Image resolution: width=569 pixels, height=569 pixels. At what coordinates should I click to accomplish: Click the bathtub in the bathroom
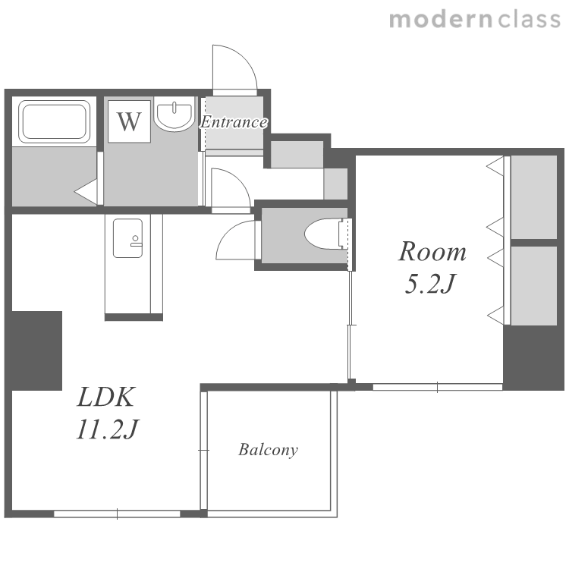click(54, 121)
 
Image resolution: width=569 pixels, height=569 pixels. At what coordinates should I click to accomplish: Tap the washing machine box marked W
click(129, 121)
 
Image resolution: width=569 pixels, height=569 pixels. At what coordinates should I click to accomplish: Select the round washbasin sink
click(174, 113)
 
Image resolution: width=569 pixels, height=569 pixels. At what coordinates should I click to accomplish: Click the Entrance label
click(234, 122)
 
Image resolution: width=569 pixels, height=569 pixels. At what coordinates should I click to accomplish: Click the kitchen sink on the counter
click(127, 238)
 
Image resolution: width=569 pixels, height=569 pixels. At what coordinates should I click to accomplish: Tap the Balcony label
click(268, 450)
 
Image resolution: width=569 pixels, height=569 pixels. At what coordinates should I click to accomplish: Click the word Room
click(432, 251)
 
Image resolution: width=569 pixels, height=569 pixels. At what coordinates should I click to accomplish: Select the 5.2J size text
click(429, 284)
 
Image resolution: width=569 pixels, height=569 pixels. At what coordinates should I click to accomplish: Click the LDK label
click(106, 397)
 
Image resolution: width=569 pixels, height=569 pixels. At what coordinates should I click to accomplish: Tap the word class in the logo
click(529, 20)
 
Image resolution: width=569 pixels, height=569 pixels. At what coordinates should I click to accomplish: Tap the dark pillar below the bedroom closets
click(533, 358)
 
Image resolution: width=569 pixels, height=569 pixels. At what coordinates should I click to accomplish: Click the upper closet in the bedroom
click(533, 197)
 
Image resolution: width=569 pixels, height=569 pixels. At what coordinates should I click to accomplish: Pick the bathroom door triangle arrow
click(86, 191)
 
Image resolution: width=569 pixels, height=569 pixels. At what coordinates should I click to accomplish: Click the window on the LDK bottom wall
click(117, 514)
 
